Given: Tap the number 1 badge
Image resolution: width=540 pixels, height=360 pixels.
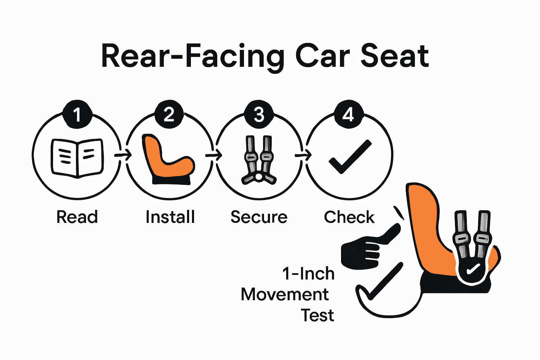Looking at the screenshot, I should [x=77, y=115].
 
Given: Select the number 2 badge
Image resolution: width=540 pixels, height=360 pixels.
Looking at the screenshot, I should [x=169, y=115].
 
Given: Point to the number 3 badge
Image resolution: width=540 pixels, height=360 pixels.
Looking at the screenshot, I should [x=259, y=115].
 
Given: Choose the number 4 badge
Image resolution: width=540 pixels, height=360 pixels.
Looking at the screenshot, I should [x=348, y=115].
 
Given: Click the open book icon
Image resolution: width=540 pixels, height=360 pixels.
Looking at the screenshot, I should [x=77, y=157].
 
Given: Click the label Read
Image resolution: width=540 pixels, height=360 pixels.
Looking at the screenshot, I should [x=77, y=217].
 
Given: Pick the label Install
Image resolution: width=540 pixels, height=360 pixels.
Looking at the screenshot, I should [x=170, y=217].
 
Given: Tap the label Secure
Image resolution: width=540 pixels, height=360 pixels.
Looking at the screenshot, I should [x=259, y=217].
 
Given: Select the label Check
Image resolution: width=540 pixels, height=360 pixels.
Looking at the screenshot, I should [x=349, y=217].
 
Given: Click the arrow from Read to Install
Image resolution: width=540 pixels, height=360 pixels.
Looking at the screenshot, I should [x=123, y=155].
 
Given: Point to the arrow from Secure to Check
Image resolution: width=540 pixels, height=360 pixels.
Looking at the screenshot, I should [x=303, y=155].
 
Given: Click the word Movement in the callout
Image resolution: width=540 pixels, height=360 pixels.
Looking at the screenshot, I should [x=285, y=294].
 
